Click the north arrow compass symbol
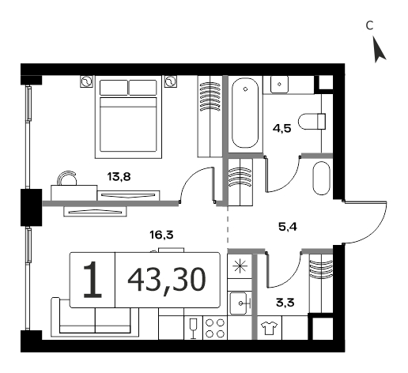coord(379,51)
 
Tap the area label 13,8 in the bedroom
coord(119,177)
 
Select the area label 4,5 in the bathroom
coord(282,128)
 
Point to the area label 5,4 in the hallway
coord(288,227)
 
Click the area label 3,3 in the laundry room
coord(285,303)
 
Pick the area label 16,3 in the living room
coord(161,235)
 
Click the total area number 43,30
coord(167,280)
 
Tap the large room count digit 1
coord(93,280)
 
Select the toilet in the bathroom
coord(312,121)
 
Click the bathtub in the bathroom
coord(245,113)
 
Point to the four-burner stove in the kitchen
coord(215,328)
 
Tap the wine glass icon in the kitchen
coord(193,328)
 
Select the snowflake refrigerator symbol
coord(240,266)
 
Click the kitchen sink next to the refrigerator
coord(239,303)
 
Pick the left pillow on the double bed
coord(114,88)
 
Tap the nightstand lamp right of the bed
coord(171,81)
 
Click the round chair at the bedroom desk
coord(67,178)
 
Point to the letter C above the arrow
coord(370,25)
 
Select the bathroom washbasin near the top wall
coord(279,85)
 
